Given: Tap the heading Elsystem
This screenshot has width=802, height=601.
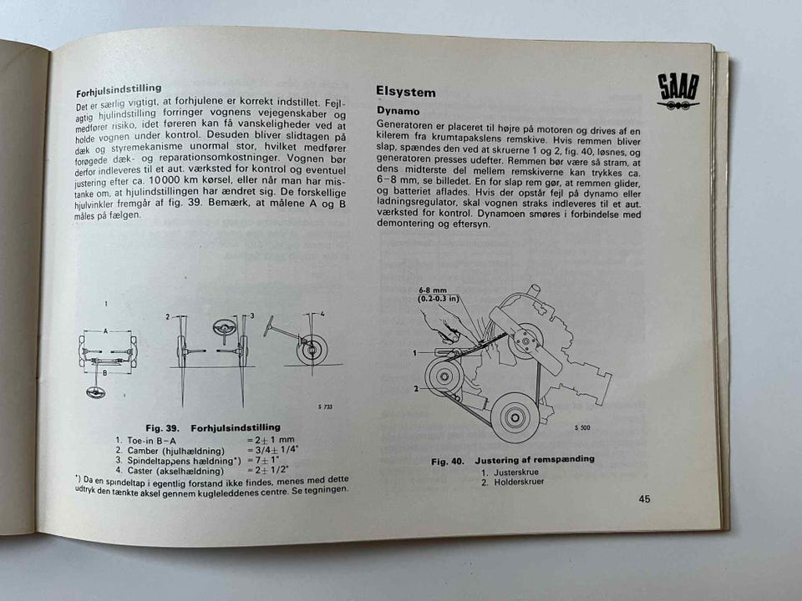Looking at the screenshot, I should (x=406, y=92).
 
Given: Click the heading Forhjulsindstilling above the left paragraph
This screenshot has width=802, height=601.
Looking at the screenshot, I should (x=119, y=88).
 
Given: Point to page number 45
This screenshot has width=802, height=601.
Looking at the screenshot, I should (x=644, y=499).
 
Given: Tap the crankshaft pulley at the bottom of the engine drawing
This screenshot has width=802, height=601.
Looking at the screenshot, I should (x=513, y=417).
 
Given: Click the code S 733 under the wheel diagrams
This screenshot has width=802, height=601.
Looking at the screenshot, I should (x=327, y=406).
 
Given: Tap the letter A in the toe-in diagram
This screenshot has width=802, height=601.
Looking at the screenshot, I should (x=105, y=331).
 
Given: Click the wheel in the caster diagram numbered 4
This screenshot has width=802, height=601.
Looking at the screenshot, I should (x=312, y=349).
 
